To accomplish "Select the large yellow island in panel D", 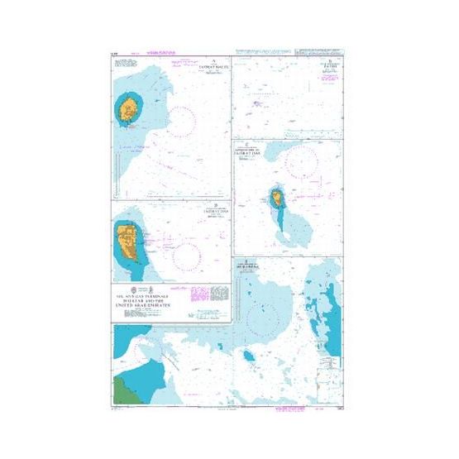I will coord(126,240).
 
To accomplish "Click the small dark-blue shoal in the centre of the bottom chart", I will coord(247,355).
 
